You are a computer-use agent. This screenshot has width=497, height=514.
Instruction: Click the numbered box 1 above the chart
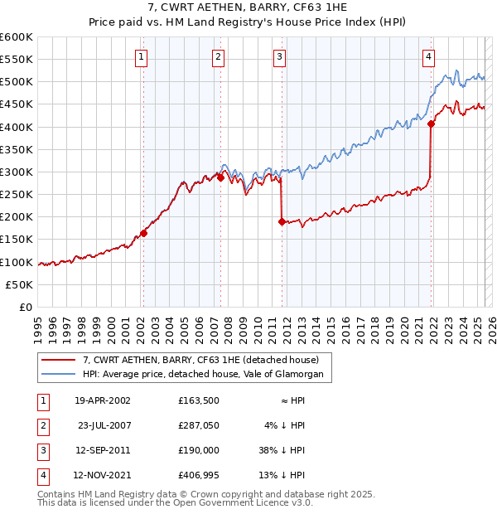pyautogui.click(x=142, y=57)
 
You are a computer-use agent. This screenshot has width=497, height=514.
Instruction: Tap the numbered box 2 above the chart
pyautogui.click(x=217, y=57)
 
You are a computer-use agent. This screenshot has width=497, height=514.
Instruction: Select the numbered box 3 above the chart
pyautogui.click(x=280, y=57)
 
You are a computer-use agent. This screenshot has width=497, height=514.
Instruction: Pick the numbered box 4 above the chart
pyautogui.click(x=429, y=57)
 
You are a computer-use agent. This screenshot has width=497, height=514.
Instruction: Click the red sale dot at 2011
pyautogui.click(x=282, y=221)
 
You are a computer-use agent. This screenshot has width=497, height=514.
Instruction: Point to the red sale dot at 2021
pyautogui.click(x=432, y=124)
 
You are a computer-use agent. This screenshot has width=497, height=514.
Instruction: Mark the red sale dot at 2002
pyautogui.click(x=143, y=233)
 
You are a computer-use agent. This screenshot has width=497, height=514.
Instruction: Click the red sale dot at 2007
pyautogui.click(x=220, y=177)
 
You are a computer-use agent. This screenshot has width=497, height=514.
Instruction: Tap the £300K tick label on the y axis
pyautogui.click(x=17, y=172)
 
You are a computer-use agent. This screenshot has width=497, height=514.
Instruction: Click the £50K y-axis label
pyautogui.click(x=19, y=284)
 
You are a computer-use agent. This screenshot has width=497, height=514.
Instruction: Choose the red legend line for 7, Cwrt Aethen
pyautogui.click(x=58, y=360)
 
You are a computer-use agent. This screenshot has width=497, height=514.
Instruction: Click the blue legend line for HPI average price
pyautogui.click(x=58, y=375)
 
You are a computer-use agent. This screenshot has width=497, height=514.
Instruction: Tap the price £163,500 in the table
pyautogui.click(x=198, y=400)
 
